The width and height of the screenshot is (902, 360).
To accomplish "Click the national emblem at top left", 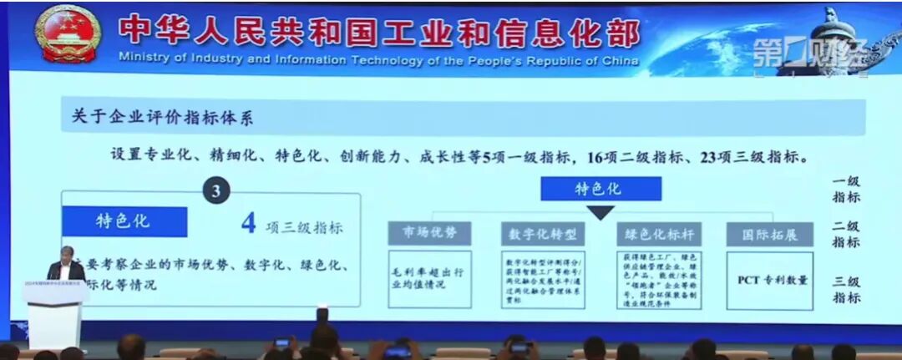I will point(68,33).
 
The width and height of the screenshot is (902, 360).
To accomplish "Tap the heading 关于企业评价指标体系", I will point(157,117).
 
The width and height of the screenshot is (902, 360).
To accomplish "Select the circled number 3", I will point(216,191).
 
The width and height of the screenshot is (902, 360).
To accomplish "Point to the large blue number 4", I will point(248,223).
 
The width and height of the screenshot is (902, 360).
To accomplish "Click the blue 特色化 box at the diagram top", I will point(600,189).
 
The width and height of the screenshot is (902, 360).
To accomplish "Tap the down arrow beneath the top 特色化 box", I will point(600,212).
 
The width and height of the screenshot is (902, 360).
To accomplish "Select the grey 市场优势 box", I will point(429,233).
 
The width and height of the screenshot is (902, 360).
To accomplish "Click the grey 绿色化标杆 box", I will point(658,234).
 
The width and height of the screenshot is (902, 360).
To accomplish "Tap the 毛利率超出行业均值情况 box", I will point(429,279).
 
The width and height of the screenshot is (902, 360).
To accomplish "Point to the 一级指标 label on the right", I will point(845,190).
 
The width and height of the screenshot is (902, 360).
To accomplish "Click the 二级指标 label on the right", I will point(845,233).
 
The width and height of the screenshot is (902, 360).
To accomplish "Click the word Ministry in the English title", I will point(143,61).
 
